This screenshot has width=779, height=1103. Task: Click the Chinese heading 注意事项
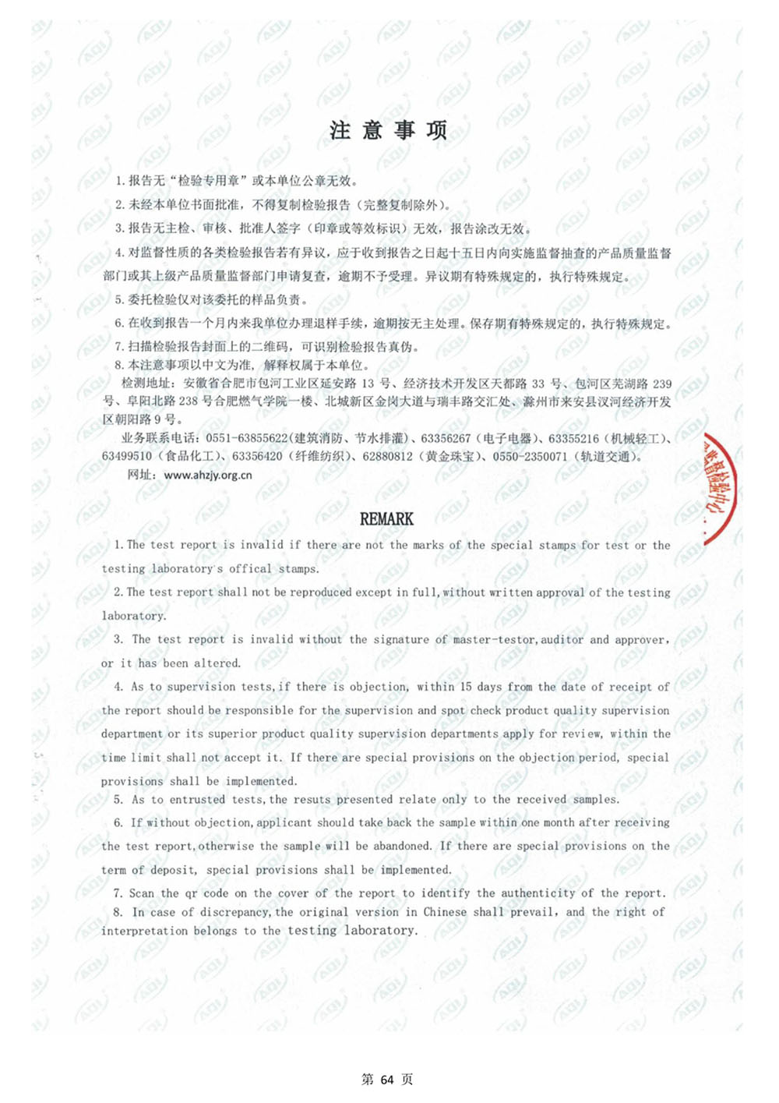[388, 130]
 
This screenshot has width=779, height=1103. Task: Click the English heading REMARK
[386, 519]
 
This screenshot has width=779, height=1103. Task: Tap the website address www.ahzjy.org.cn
[208, 475]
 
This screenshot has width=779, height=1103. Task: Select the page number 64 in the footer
[388, 1080]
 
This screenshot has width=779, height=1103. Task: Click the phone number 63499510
[127, 457]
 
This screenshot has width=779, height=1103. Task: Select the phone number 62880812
[387, 457]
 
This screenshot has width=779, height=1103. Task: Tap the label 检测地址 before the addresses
[147, 384]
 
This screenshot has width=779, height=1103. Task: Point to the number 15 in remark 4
[466, 687]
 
